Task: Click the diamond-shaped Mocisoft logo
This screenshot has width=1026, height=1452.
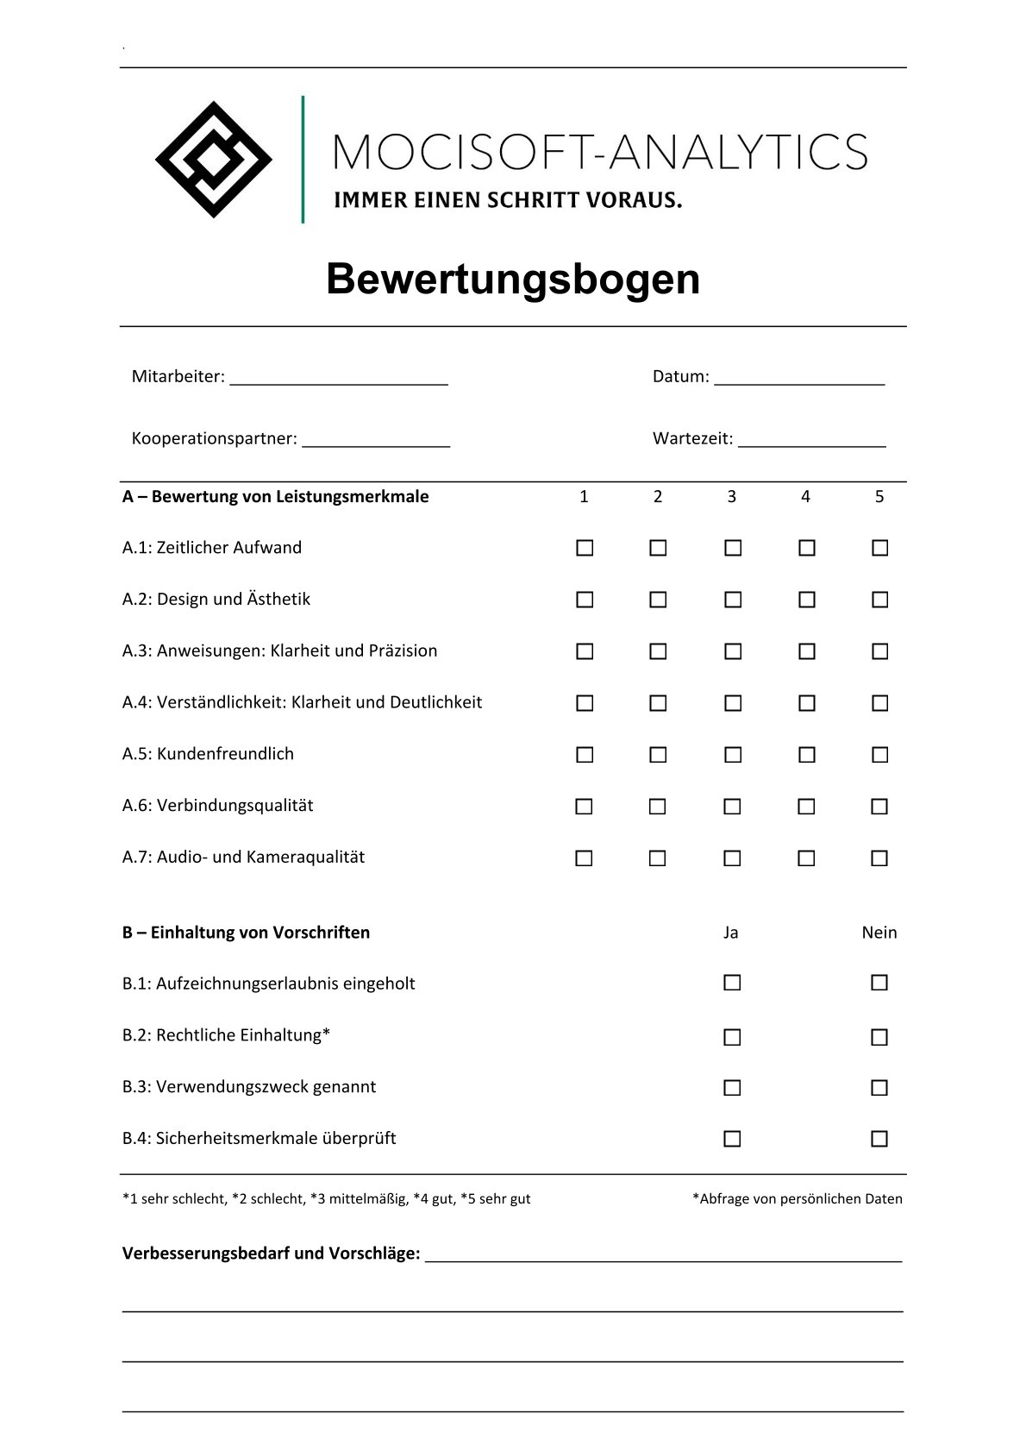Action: (x=214, y=160)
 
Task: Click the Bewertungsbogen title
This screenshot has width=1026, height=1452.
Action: (x=513, y=279)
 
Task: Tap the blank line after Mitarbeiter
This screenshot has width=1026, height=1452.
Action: (x=339, y=378)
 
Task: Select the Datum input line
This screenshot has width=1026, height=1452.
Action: (x=799, y=378)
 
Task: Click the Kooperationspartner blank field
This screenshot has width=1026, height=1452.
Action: (x=376, y=440)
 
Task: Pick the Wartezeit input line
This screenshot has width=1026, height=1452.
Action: (x=811, y=440)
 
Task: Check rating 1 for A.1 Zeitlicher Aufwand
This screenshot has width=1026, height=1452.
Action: (x=585, y=548)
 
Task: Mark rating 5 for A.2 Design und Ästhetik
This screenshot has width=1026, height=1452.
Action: (x=879, y=600)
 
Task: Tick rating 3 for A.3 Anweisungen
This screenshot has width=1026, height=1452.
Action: (x=733, y=651)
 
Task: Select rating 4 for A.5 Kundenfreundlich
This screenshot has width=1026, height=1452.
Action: (x=807, y=755)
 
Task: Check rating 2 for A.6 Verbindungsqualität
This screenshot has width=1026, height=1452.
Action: (x=657, y=807)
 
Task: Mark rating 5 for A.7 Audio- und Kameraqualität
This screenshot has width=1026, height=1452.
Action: (x=879, y=858)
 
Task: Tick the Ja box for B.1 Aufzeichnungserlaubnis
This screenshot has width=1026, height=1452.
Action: (x=732, y=983)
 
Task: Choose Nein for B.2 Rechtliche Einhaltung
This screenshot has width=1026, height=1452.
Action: (x=879, y=1037)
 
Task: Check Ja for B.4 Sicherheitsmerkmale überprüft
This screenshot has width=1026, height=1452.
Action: (x=732, y=1139)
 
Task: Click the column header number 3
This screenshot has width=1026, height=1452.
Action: (x=731, y=497)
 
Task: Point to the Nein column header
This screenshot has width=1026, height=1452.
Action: (x=879, y=933)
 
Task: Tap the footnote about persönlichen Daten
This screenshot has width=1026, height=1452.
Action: (x=797, y=1198)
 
